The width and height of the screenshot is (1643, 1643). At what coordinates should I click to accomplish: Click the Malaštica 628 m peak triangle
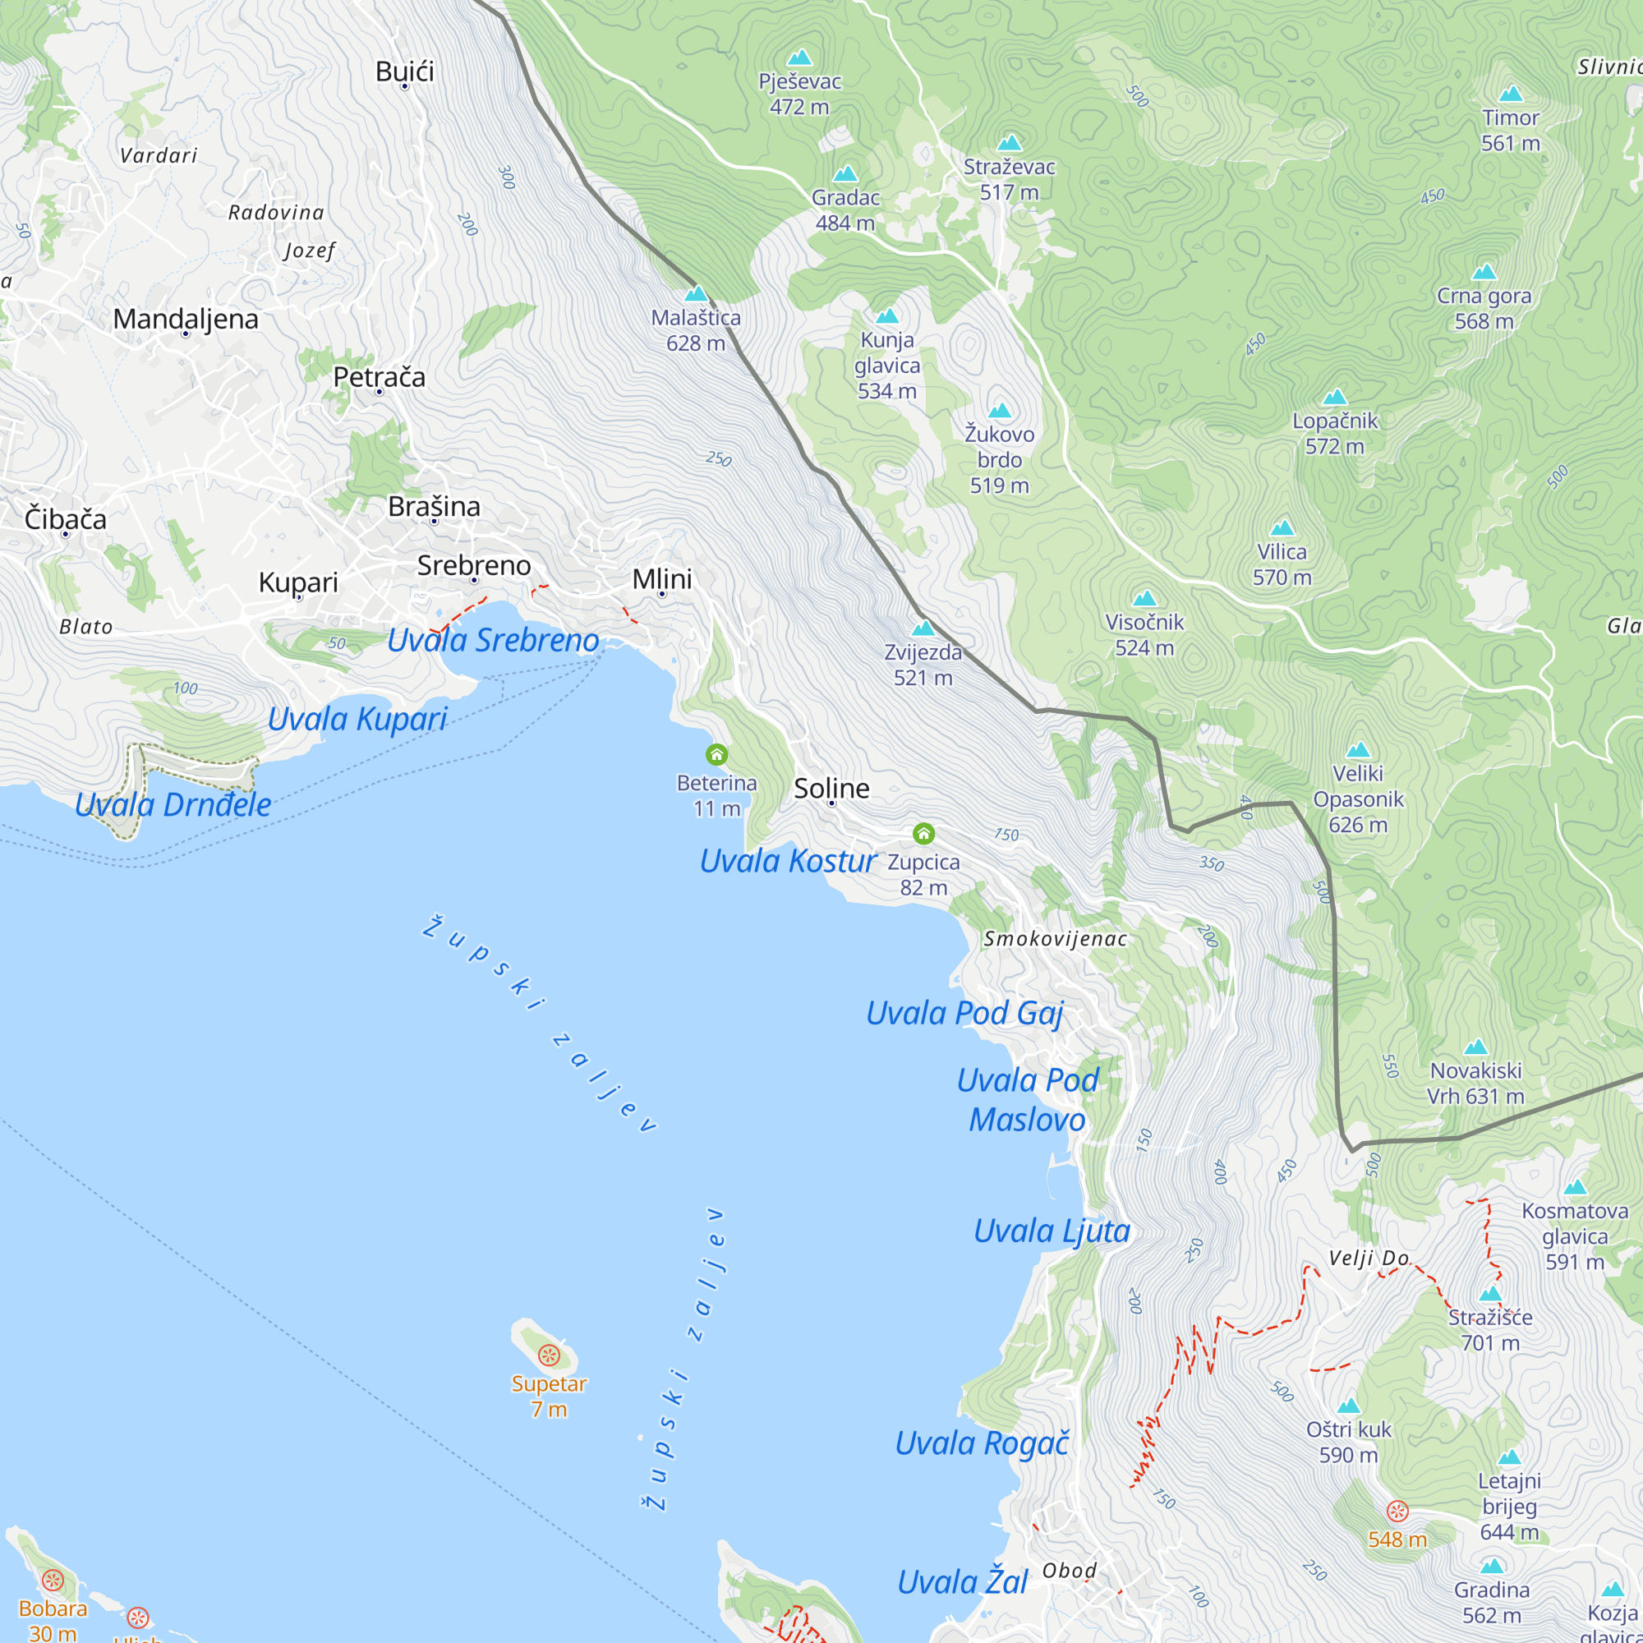pyautogui.click(x=696, y=294)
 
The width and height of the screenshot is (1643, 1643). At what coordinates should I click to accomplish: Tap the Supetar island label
pyautogui.click(x=549, y=1383)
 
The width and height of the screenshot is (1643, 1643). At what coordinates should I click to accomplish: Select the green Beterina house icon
pyautogui.click(x=717, y=754)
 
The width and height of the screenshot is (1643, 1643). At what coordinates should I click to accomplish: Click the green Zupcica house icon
pyautogui.click(x=923, y=833)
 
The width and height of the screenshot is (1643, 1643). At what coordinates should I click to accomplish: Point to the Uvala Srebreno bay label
pyautogui.click(x=492, y=641)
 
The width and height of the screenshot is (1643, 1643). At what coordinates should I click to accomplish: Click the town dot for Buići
pyautogui.click(x=405, y=87)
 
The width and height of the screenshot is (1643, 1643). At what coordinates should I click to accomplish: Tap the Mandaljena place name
pyautogui.click(x=186, y=319)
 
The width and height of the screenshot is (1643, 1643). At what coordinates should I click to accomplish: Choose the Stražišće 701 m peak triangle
pyautogui.click(x=1490, y=1295)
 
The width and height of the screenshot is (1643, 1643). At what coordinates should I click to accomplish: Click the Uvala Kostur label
pyautogui.click(x=788, y=861)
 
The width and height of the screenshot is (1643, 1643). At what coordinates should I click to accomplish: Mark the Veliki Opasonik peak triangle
pyautogui.click(x=1358, y=750)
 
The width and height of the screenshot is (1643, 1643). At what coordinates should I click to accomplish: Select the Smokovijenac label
pyautogui.click(x=1055, y=939)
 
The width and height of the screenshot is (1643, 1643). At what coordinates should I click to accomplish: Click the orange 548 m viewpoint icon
pyautogui.click(x=1397, y=1512)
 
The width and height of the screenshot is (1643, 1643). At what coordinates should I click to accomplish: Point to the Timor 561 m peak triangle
pyautogui.click(x=1511, y=94)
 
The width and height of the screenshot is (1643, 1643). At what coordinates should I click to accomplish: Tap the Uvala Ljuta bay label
pyautogui.click(x=1052, y=1231)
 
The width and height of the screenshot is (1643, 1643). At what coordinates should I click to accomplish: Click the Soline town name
pyautogui.click(x=831, y=788)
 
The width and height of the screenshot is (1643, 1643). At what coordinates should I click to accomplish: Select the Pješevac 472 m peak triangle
pyautogui.click(x=798, y=58)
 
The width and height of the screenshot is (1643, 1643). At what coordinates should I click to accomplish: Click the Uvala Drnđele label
pyautogui.click(x=173, y=803)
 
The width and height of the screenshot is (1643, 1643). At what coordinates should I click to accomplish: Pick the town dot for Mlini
pyautogui.click(x=661, y=594)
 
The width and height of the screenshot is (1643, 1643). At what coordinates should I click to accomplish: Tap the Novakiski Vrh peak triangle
pyautogui.click(x=1475, y=1047)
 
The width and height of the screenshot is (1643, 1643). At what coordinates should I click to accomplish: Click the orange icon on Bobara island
pyautogui.click(x=53, y=1580)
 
